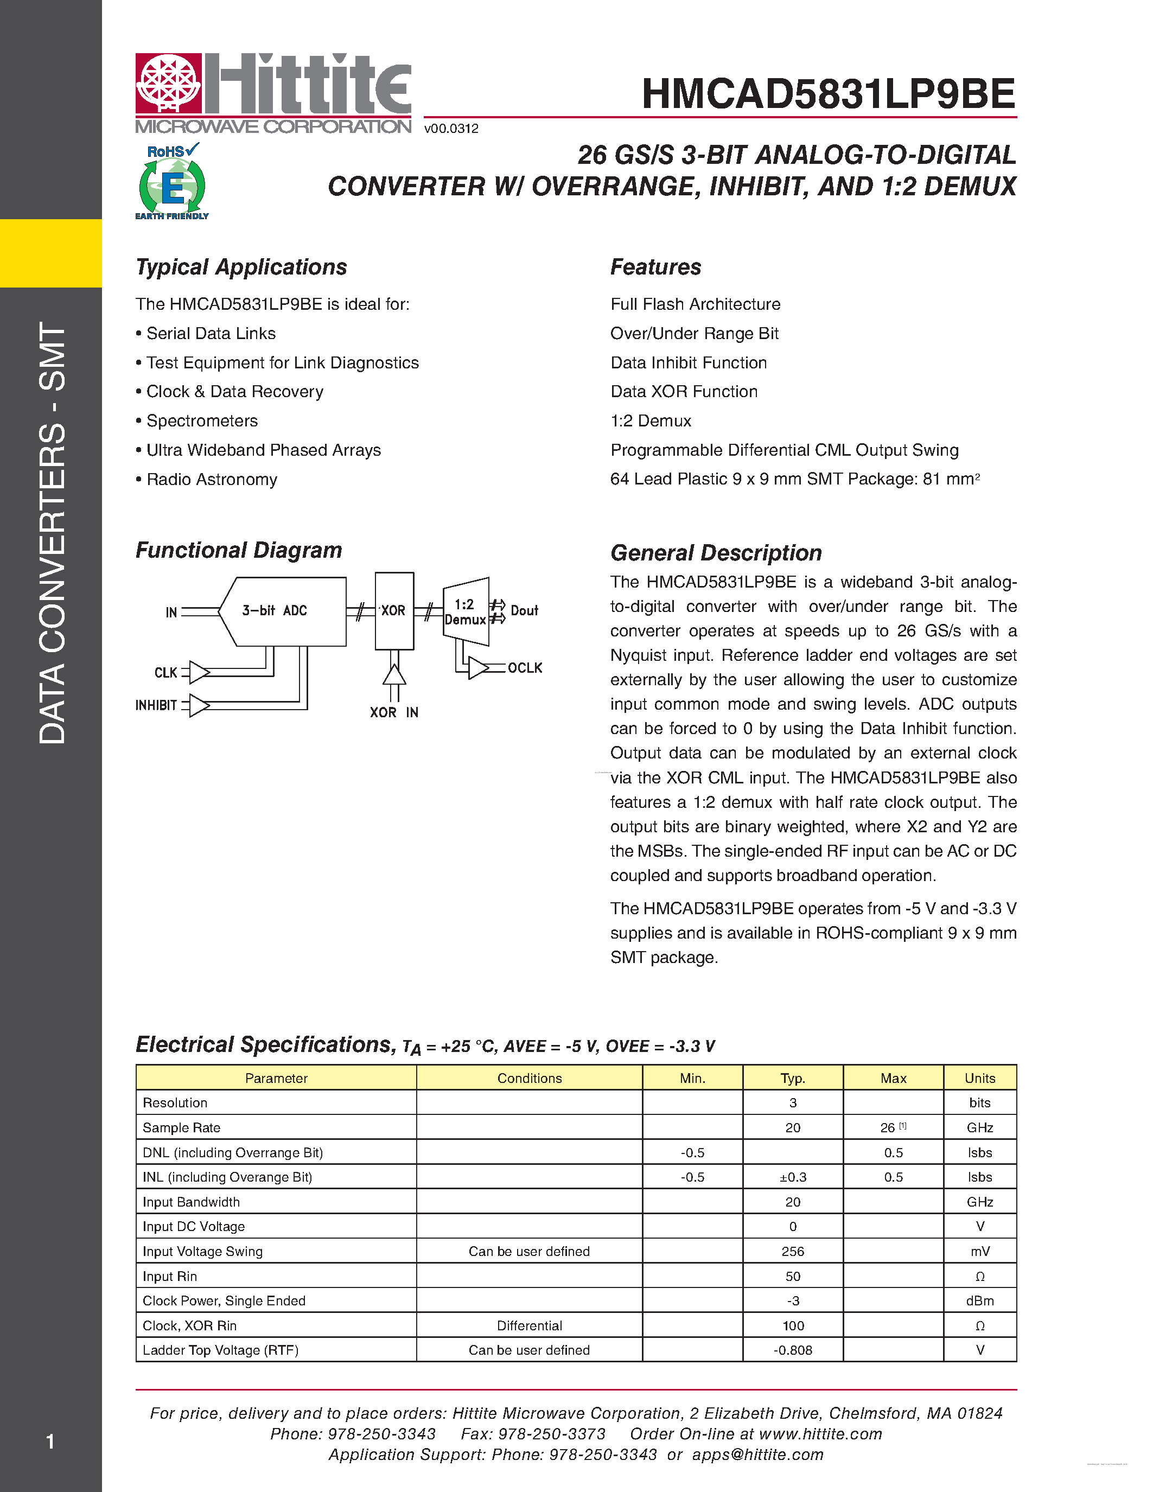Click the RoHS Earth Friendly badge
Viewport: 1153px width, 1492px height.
[x=172, y=182]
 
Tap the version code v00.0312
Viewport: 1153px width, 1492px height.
[x=451, y=129]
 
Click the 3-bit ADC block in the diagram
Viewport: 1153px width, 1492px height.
[x=283, y=611]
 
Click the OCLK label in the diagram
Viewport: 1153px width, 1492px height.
[x=525, y=667]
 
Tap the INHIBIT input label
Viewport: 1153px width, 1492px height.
[x=156, y=705]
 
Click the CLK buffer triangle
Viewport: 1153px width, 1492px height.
[x=199, y=672]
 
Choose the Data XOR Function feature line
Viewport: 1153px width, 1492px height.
[x=684, y=391]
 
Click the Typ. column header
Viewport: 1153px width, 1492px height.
[x=792, y=1078]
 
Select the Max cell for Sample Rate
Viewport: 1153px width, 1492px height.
[x=893, y=1128]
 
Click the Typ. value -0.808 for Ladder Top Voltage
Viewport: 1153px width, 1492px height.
[x=792, y=1350]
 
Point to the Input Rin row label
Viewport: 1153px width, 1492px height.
[x=169, y=1276]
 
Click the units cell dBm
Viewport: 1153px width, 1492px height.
[x=979, y=1300]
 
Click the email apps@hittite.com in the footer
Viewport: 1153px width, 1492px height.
[x=757, y=1455]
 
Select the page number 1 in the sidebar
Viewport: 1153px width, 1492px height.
[x=50, y=1442]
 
